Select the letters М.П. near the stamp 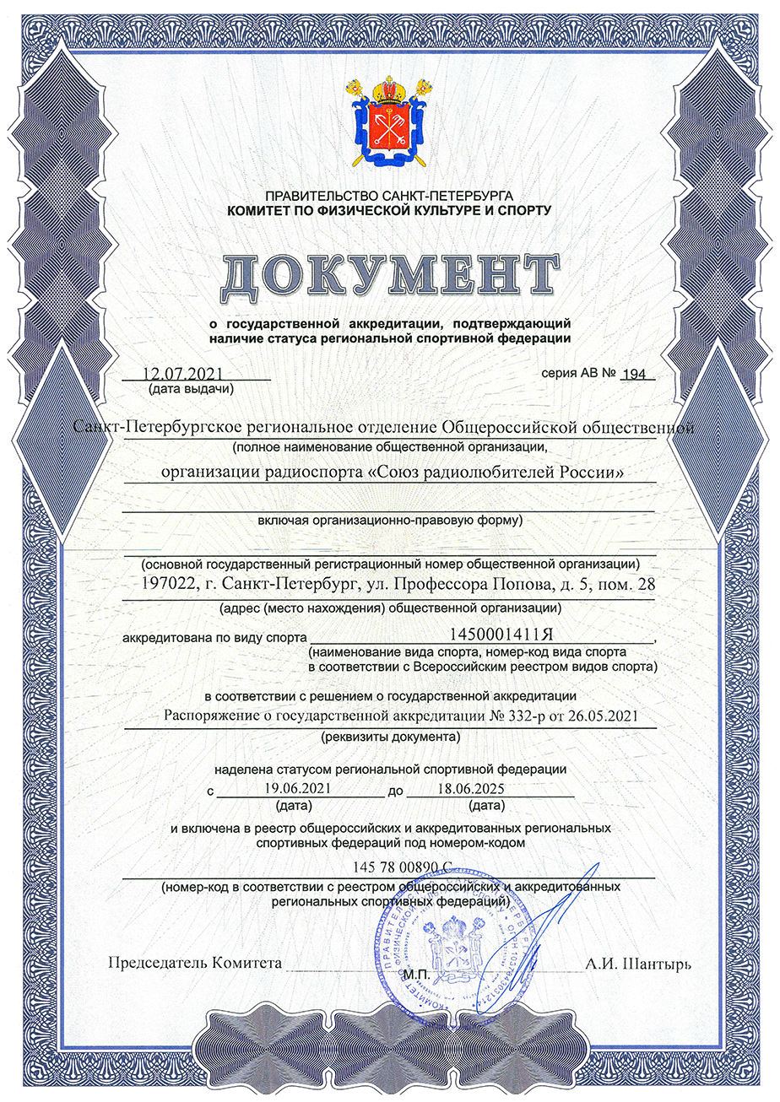(416, 975)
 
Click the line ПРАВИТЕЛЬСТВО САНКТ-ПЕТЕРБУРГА (389, 195)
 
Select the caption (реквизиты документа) (389, 737)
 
